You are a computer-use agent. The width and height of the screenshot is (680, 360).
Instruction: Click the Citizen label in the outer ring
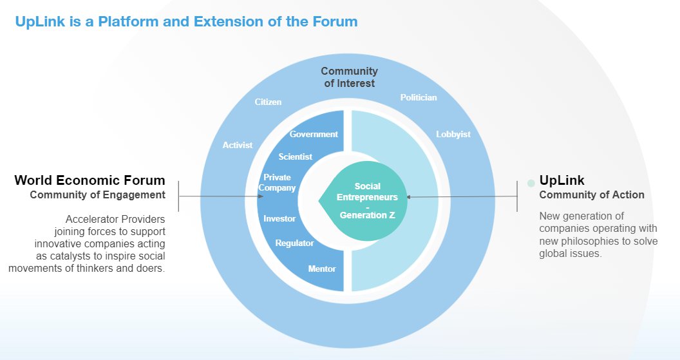268,102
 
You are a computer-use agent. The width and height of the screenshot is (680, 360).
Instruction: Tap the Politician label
419,98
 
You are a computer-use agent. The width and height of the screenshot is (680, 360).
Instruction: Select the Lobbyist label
453,135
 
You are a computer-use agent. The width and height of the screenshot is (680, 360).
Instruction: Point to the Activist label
237,146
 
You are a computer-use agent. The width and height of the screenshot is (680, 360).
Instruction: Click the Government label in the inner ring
314,135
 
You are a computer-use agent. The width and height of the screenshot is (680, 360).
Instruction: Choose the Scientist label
296,156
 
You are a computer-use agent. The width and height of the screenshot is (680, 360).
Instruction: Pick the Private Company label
277,183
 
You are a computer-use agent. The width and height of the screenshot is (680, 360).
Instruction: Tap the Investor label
279,218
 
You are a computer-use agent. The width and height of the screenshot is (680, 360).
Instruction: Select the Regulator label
294,243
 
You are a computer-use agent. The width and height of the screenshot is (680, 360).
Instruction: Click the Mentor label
322,269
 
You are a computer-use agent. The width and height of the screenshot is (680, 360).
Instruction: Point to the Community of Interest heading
349,77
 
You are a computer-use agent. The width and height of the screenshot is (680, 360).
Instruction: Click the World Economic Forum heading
90,180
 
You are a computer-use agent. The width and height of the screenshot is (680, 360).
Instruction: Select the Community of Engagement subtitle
98,194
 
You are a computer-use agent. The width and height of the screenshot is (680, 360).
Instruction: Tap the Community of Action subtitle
592,194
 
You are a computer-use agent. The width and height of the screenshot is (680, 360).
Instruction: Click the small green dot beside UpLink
531,183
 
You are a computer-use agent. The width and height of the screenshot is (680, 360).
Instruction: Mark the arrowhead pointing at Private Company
261,196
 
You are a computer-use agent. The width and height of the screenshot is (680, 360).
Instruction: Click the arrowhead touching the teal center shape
409,197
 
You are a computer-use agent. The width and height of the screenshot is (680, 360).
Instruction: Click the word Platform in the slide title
128,21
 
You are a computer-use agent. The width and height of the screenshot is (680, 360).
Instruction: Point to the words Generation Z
367,215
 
